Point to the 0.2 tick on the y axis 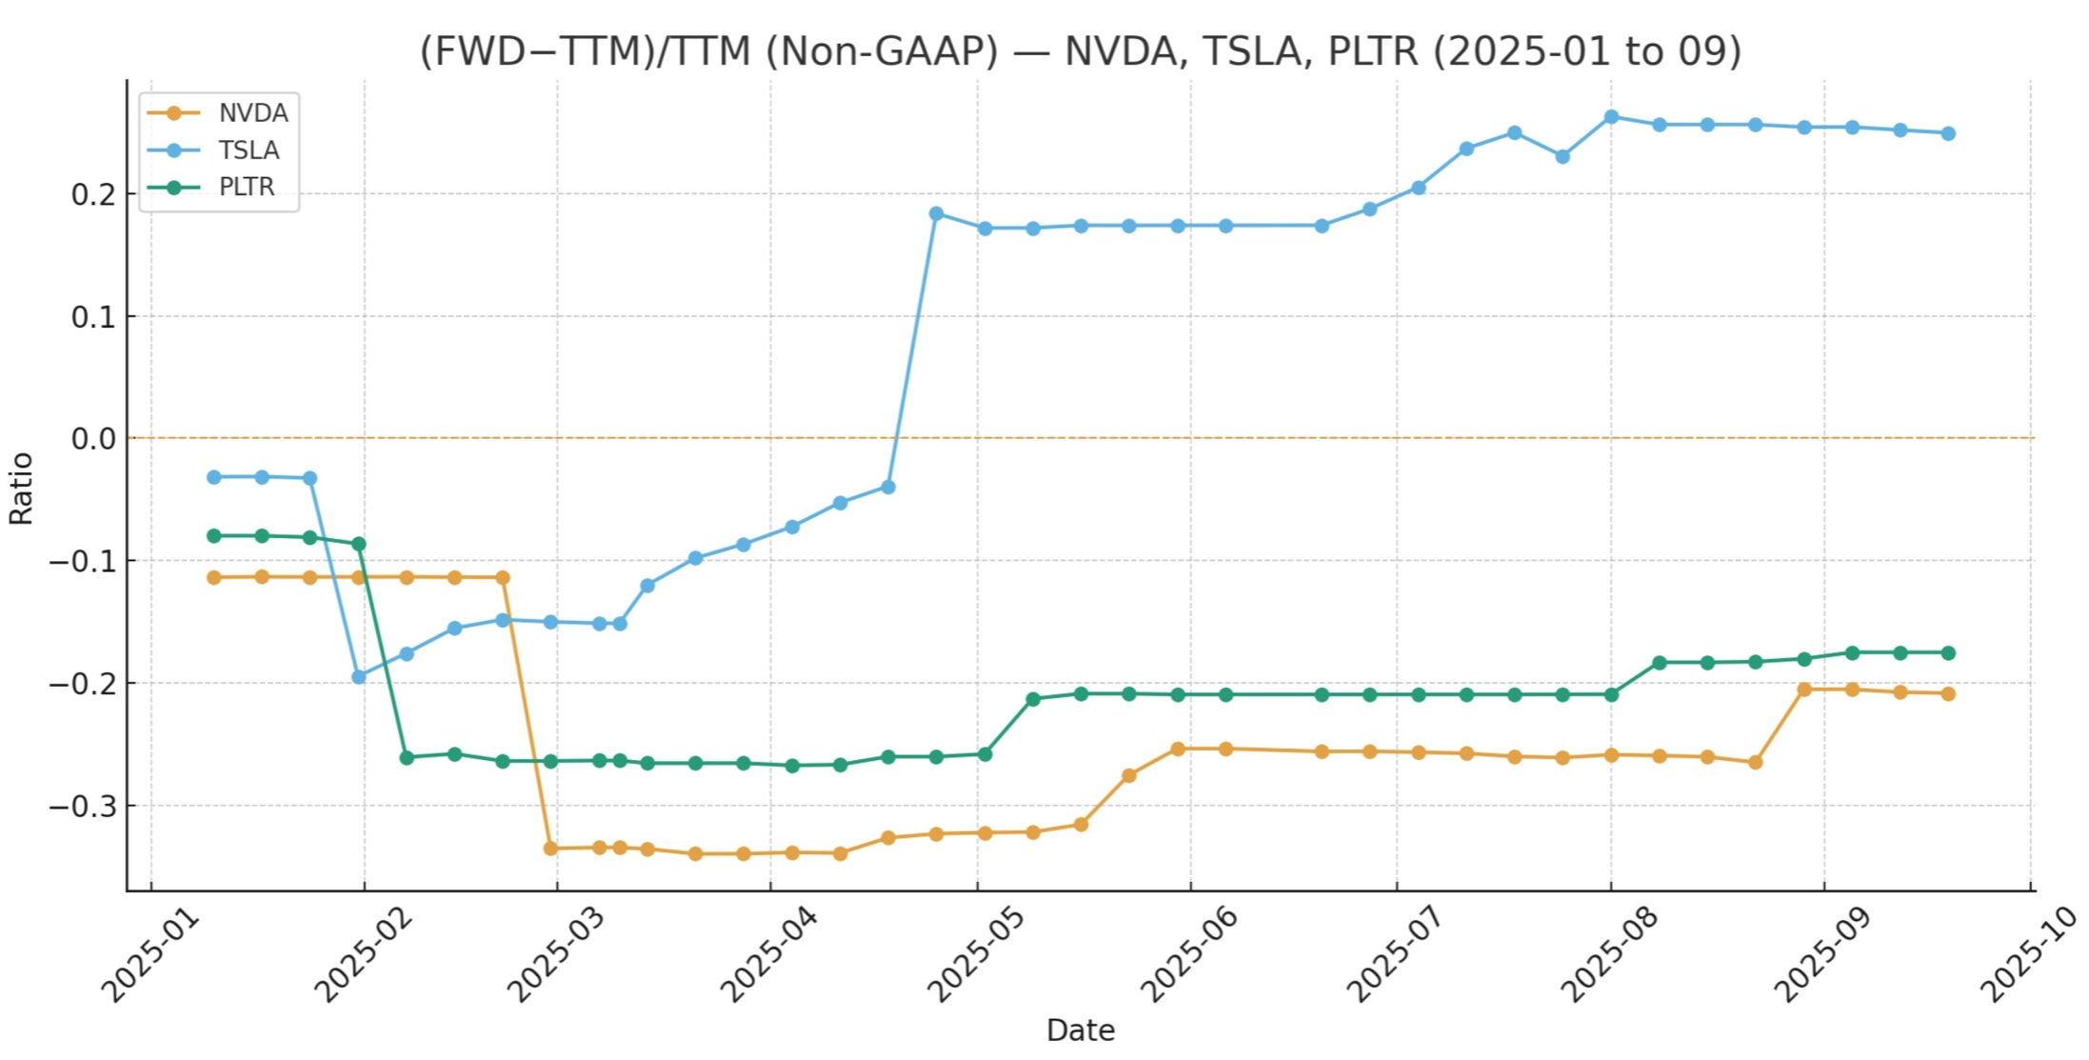coord(92,194)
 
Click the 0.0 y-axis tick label coord(92,439)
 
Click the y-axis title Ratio coord(21,489)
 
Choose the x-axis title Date coord(1080,1030)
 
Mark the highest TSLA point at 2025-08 coord(1611,117)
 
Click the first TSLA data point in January coord(214,477)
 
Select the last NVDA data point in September coord(1948,694)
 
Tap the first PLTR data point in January coord(214,536)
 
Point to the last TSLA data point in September coord(1948,133)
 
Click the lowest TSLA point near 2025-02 coord(359,677)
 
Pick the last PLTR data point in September coord(1948,653)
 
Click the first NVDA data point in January coord(214,578)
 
